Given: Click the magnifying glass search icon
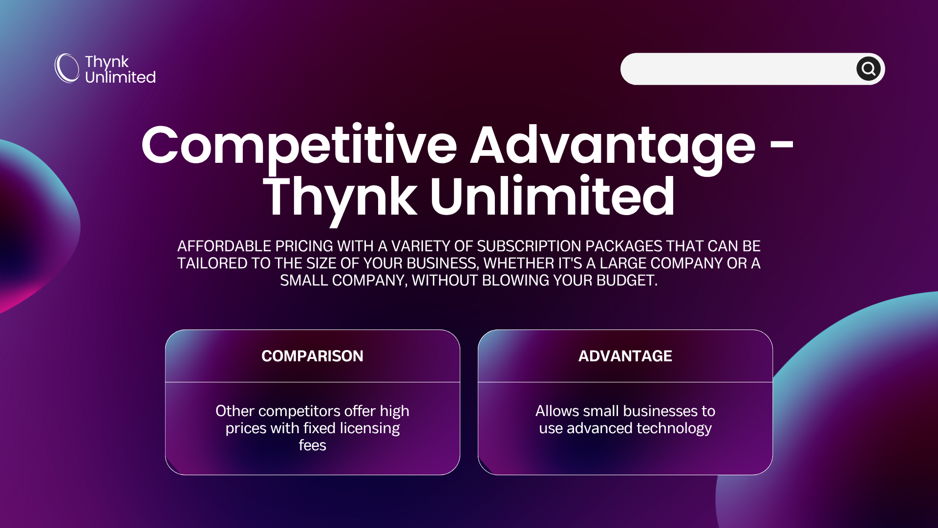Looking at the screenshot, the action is click(x=868, y=69).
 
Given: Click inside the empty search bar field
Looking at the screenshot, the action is click(x=738, y=69).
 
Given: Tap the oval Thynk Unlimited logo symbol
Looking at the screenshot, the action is click(x=67, y=68).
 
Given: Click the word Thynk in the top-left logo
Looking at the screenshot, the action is click(x=107, y=62).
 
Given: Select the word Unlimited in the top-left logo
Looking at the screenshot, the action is click(x=120, y=77).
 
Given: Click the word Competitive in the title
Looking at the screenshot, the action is click(x=299, y=145).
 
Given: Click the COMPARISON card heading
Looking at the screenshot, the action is click(x=312, y=356).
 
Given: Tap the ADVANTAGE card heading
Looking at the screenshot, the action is click(x=625, y=356).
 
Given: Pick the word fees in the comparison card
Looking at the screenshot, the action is click(x=312, y=445).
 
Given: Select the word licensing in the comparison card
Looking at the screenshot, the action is click(x=369, y=429).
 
